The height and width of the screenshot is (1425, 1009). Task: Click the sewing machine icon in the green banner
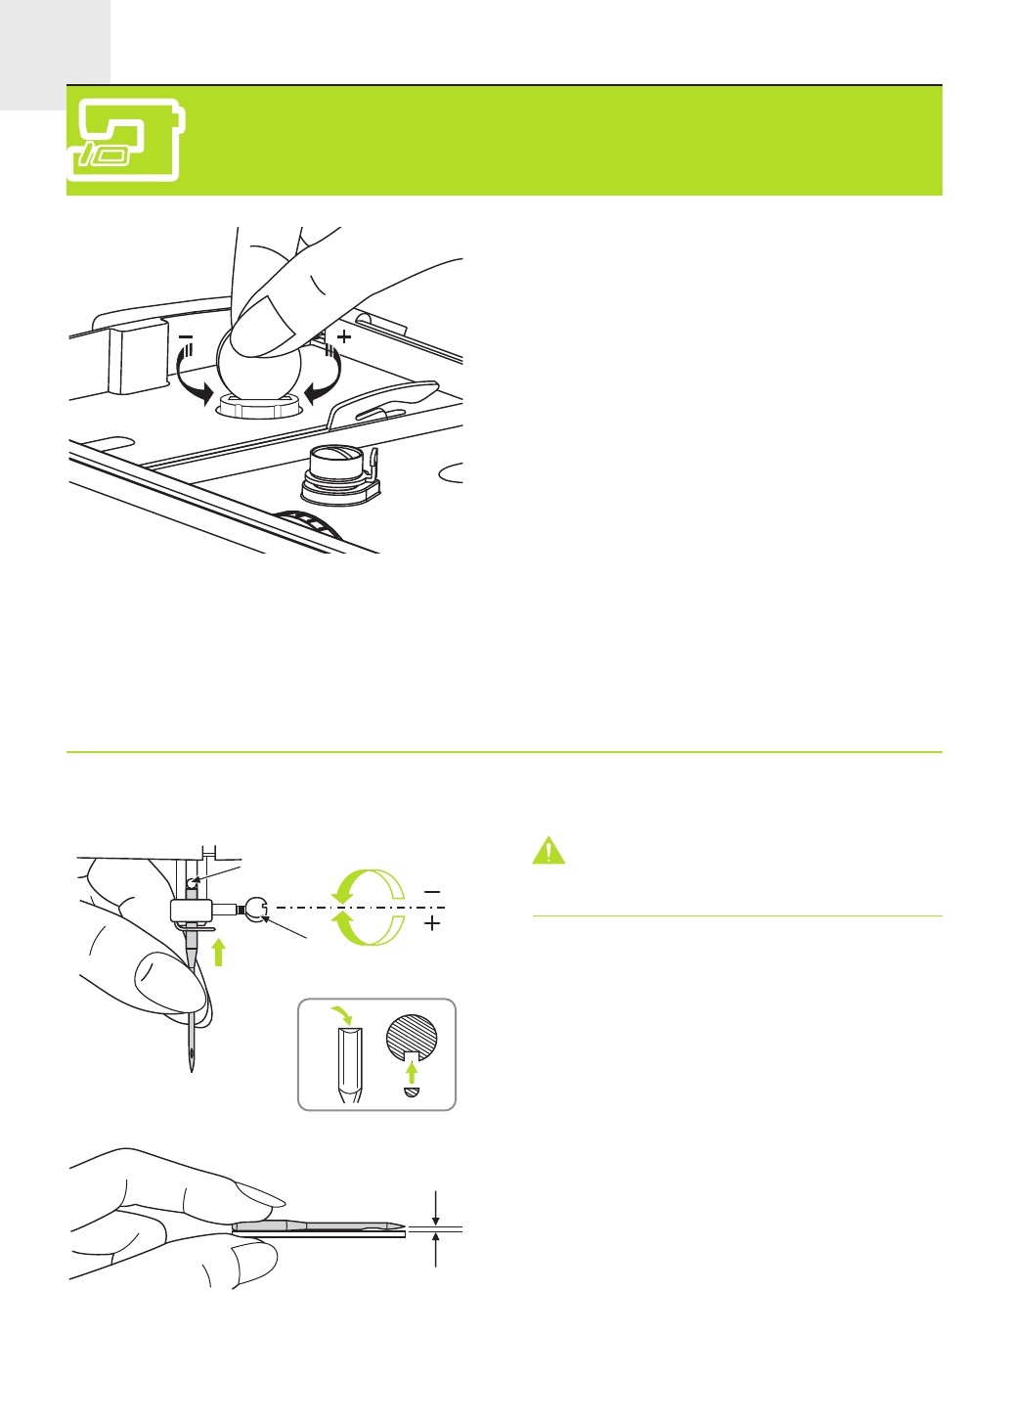[x=125, y=140]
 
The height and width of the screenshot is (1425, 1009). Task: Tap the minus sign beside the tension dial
[x=186, y=337]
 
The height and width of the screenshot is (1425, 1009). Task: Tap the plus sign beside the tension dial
[x=343, y=336]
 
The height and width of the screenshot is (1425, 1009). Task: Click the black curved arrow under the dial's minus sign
[x=190, y=381]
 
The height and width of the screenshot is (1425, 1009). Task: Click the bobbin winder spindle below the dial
[x=339, y=474]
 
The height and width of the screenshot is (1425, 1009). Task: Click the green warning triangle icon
[x=548, y=851]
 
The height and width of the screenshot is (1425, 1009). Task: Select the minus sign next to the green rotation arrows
[x=432, y=892]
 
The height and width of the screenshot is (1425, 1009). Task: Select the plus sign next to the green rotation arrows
[x=432, y=923]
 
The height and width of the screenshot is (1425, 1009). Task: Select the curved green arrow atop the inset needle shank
[x=344, y=1014]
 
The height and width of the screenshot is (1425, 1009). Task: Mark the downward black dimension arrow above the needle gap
[x=435, y=1209]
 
